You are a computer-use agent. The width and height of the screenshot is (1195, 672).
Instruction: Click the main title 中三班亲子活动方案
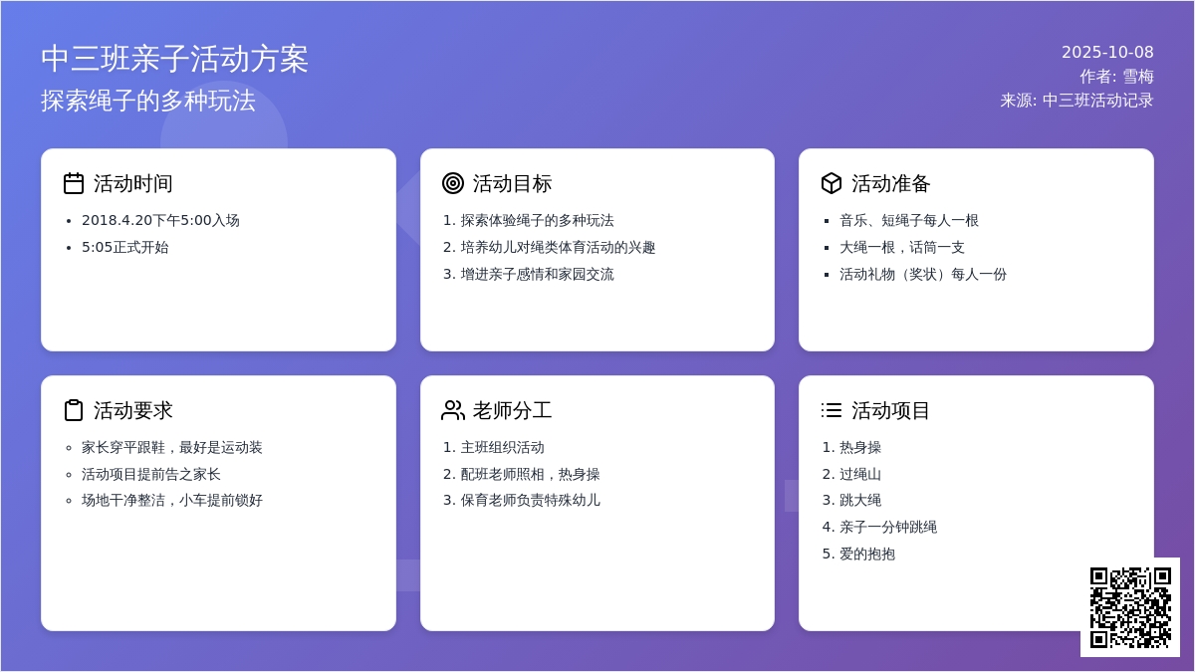174,59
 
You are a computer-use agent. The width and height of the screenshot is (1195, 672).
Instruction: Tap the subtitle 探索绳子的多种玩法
148,101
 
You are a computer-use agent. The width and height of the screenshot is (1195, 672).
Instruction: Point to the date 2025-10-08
1107,52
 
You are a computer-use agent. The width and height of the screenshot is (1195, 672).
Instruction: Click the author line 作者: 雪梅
1116,77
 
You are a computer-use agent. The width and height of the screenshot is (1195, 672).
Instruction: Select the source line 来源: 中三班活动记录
1076,101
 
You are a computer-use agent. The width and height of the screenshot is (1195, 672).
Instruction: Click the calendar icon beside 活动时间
74,183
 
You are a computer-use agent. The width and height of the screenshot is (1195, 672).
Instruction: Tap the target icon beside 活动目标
453,183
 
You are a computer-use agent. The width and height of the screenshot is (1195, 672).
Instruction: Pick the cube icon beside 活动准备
832,183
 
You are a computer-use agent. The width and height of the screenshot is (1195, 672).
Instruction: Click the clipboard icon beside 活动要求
74,410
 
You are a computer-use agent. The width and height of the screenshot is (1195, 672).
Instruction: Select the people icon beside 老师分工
453,410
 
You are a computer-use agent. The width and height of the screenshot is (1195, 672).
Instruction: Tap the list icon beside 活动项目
832,410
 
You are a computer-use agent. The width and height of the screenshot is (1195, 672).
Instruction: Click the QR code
1130,607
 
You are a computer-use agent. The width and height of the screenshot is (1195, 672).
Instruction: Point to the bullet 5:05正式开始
124,248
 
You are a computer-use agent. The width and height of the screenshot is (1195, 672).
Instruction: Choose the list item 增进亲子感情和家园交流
537,274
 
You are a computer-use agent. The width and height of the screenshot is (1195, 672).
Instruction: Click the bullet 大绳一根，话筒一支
902,248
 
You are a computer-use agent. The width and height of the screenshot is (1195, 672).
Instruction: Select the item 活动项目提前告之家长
151,474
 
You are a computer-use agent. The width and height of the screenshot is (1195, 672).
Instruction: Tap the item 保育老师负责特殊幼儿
530,500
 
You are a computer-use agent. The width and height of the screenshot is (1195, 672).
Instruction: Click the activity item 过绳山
860,474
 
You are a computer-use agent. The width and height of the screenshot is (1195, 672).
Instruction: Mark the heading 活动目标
512,183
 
